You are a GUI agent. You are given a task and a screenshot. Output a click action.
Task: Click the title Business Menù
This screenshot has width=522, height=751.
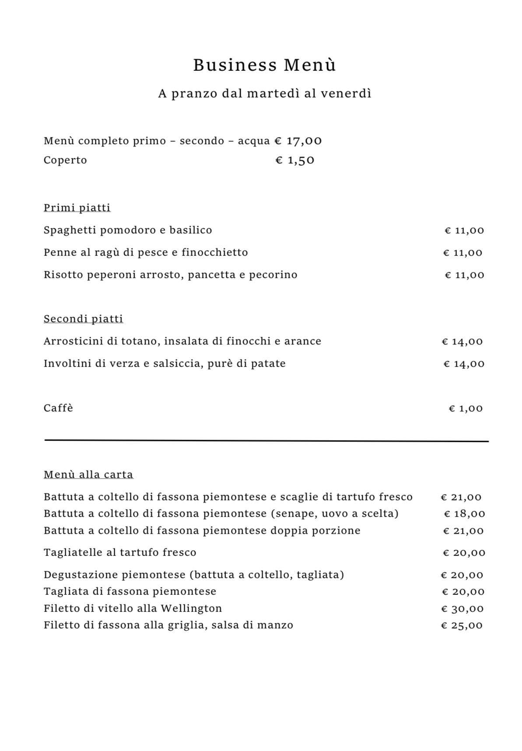pos(265,65)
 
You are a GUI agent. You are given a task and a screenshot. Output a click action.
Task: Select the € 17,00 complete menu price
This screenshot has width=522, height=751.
pos(298,141)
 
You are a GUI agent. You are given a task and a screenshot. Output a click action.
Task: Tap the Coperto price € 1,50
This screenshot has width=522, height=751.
pos(295,160)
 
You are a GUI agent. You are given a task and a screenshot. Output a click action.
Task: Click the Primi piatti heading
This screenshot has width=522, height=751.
pos(77,207)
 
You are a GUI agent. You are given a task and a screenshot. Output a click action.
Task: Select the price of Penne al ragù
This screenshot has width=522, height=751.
pos(463,253)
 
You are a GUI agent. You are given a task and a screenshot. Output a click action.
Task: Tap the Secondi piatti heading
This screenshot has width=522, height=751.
pos(83,319)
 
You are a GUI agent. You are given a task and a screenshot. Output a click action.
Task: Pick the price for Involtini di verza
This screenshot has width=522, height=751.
pos(464,364)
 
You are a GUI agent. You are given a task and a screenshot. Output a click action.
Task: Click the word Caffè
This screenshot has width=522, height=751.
pos(58,408)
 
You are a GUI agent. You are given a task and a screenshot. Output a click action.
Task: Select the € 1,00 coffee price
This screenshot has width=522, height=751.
pos(466,409)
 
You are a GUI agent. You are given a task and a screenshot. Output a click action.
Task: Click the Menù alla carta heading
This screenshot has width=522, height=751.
pos(88,475)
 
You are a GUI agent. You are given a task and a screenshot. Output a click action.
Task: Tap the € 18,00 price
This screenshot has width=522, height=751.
pos(464,514)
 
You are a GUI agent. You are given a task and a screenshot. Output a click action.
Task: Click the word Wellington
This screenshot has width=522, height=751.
pos(191,608)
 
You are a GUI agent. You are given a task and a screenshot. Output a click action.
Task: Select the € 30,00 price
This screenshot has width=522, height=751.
pos(462,609)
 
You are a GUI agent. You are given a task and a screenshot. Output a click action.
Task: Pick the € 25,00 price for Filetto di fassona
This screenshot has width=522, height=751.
pos(462,625)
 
